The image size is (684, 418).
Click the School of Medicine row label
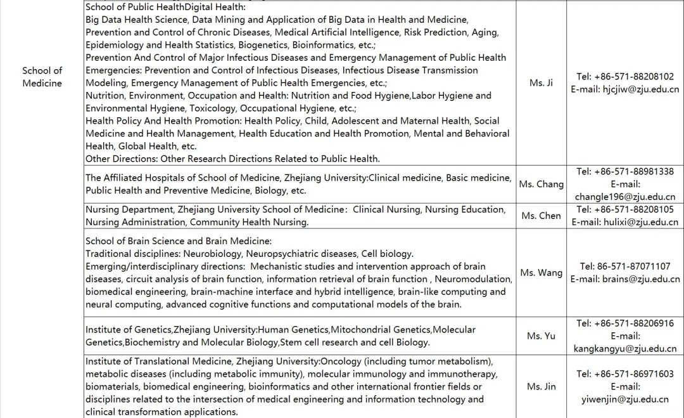click(x=42, y=77)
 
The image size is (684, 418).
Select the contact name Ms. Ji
click(x=541, y=83)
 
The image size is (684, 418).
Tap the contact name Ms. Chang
click(x=541, y=184)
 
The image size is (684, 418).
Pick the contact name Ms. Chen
click(x=541, y=216)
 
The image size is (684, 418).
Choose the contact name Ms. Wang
click(x=541, y=273)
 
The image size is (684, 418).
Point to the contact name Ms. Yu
click(x=541, y=336)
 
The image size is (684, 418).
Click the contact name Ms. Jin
click(x=541, y=386)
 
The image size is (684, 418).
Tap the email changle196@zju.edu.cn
click(x=625, y=197)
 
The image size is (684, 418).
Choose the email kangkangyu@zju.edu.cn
click(x=625, y=348)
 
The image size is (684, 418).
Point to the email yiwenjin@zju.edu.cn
click(x=625, y=399)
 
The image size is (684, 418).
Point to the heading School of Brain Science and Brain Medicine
click(x=179, y=241)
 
